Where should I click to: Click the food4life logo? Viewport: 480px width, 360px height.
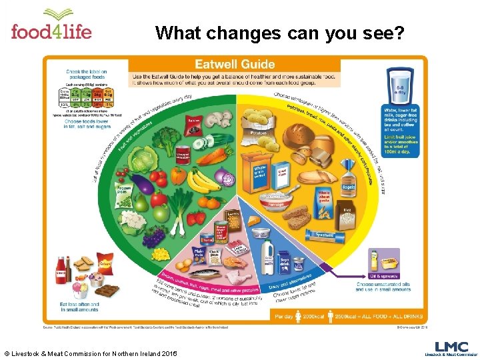(51, 25)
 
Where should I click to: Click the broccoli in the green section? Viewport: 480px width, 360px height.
(165, 141)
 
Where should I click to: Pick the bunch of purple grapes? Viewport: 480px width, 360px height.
(154, 235)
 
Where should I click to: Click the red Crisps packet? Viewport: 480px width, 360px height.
(105, 263)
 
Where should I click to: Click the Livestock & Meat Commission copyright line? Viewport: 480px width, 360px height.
(90, 352)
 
